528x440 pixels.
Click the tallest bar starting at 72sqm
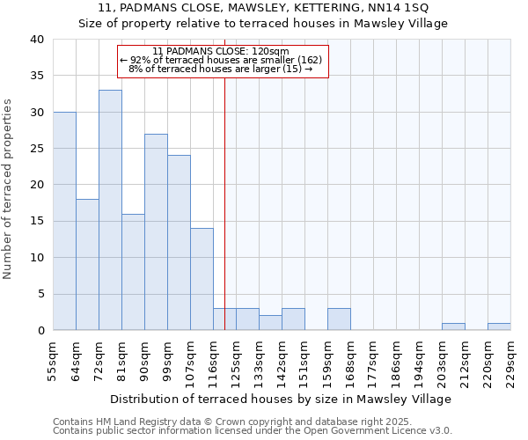coord(110,209)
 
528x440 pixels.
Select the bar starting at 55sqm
coord(64,221)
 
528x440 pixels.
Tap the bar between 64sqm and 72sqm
coord(87,264)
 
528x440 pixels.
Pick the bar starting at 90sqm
coord(156,231)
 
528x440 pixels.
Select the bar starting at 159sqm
coord(339,319)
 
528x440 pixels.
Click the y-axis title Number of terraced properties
coord(9,188)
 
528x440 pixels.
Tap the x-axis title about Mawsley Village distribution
coord(281,399)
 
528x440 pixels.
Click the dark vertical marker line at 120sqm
coord(224,202)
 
